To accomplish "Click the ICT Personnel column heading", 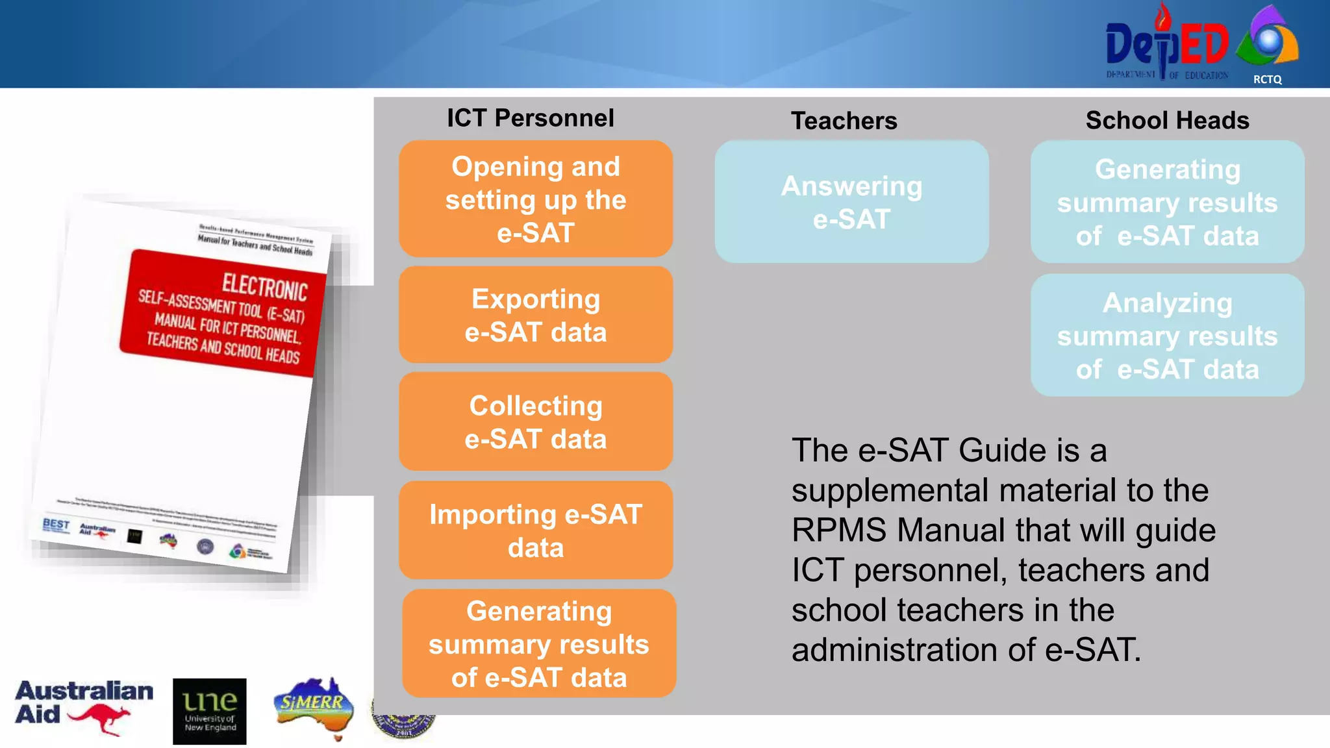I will [530, 118].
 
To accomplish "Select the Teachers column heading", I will [844, 121].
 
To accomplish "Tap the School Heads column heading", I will [1167, 120].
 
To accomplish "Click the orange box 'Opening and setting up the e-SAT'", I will [535, 199].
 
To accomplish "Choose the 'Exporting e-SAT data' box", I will [535, 315].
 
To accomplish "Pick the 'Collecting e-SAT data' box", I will [535, 421].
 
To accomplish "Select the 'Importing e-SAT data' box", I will [535, 530].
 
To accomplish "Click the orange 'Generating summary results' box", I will [538, 643].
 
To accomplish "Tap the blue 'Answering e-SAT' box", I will [851, 202].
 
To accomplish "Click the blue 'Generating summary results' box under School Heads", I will [1167, 202].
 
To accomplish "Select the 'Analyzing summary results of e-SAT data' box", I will [1167, 335].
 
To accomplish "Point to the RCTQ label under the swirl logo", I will [1267, 79].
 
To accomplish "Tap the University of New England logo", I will [209, 712].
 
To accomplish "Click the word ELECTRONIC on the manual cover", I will [264, 287].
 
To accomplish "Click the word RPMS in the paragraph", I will [838, 530].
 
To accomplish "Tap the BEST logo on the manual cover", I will [56, 524].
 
